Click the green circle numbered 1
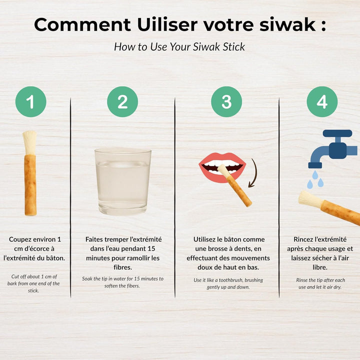(x=30, y=102)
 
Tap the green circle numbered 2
(x=122, y=102)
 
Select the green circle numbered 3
(x=226, y=102)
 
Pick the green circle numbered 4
(x=322, y=102)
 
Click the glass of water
(x=122, y=181)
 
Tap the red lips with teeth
(x=222, y=166)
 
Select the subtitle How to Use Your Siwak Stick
(x=179, y=47)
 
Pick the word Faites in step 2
(x=95, y=239)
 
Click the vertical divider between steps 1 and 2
(x=70, y=200)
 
